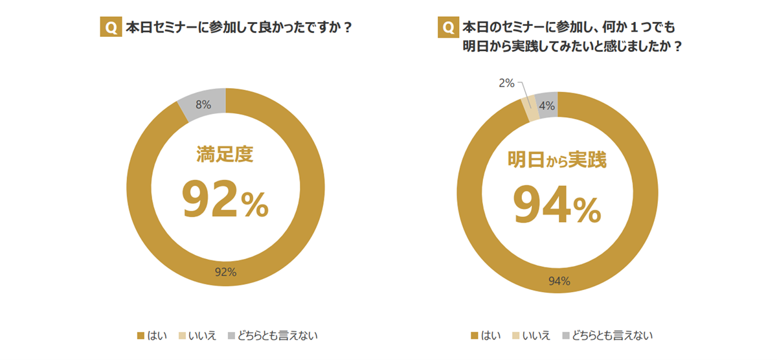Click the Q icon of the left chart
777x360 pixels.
111,28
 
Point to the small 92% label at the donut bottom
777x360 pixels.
225,272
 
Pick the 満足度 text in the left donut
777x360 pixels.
225,154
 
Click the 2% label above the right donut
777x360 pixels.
506,83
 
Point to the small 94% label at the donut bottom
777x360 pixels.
559,281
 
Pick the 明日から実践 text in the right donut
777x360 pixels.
557,160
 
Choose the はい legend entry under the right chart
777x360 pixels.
487,335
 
